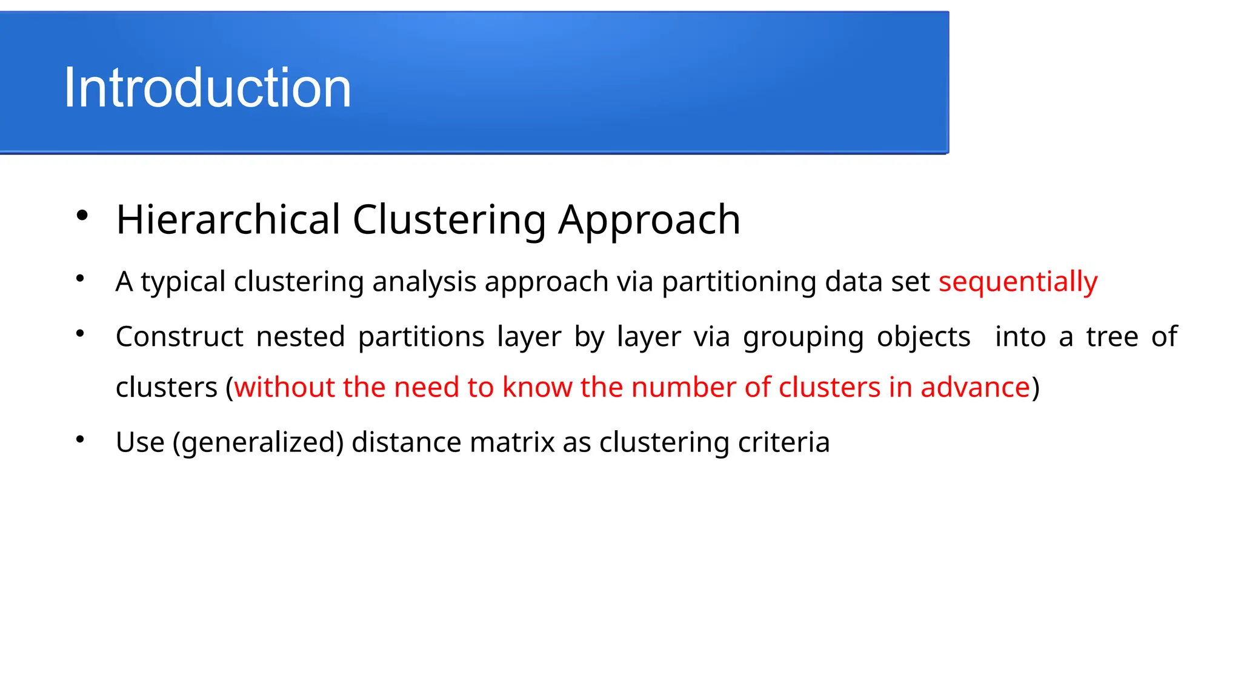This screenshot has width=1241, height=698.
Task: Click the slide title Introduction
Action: click(207, 88)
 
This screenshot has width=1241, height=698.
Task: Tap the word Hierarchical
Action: click(228, 219)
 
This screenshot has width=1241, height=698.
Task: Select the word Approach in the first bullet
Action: click(649, 221)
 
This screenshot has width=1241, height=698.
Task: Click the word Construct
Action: click(179, 337)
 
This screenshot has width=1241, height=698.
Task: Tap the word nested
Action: click(301, 337)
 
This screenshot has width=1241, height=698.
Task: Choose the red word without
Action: click(284, 387)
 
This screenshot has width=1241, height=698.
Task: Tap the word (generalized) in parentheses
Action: click(258, 442)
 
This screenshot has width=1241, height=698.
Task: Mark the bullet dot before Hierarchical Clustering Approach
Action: click(82, 215)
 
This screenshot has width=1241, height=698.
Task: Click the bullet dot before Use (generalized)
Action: click(80, 439)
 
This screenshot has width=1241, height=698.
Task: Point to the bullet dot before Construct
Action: click(80, 333)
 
